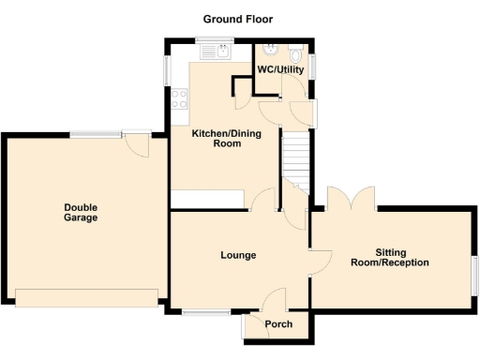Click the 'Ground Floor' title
[x=239, y=19]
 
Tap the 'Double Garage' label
[x=81, y=213]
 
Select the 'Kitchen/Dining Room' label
[x=226, y=140]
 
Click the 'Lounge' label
[x=238, y=255]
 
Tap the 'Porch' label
[x=278, y=324]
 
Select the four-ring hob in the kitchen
[x=179, y=97]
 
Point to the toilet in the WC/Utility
[x=296, y=52]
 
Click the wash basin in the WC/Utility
[x=270, y=51]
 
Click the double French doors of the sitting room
[x=351, y=199]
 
